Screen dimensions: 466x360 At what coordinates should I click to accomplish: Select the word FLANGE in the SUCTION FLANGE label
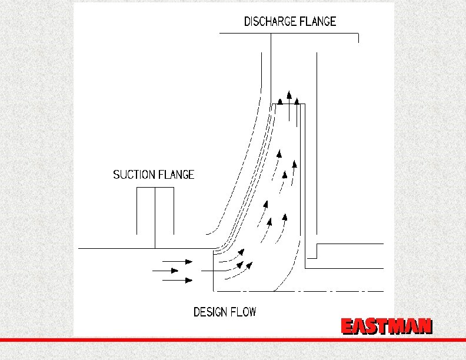(x=175, y=175)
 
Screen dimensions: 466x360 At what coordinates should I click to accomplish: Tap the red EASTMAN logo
(x=387, y=326)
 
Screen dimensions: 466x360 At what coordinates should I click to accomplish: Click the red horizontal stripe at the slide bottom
(x=233, y=340)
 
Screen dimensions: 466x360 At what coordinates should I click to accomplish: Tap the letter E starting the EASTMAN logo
(x=348, y=326)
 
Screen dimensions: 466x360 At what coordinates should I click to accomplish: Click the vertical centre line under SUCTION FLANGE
(x=155, y=218)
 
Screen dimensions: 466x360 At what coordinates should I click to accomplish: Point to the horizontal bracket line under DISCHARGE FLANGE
(x=288, y=34)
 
